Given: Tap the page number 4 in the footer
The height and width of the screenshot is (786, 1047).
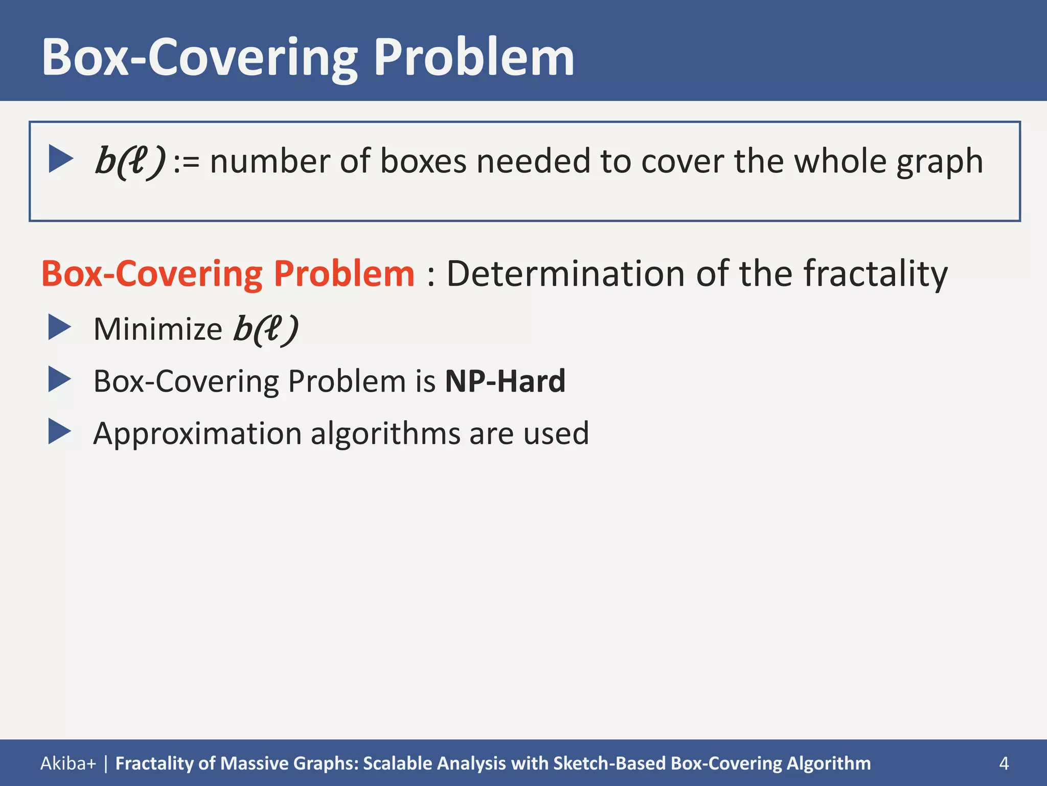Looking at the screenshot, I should point(1004,763).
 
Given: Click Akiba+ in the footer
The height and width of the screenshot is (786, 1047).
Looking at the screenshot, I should point(68,763).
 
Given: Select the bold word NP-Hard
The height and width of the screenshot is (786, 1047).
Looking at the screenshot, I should point(505,381).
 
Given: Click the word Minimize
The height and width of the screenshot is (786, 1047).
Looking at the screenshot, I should point(157,329).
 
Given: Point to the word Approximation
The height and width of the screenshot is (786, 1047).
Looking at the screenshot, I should point(197,434).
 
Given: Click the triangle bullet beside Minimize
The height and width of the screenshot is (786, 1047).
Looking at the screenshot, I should point(59,327).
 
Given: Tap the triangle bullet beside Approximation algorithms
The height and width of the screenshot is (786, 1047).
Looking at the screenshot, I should point(59,431).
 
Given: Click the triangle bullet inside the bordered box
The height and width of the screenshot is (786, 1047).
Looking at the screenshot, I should point(60,159).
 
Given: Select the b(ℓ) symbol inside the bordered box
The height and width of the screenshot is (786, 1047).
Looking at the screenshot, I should point(130,162).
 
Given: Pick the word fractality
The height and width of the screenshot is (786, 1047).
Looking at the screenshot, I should point(875,274).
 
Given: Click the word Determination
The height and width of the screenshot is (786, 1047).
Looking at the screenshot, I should point(565,274).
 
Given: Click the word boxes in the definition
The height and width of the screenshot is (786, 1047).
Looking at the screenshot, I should point(423,162).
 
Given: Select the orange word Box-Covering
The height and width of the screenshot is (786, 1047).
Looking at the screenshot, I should point(152,274).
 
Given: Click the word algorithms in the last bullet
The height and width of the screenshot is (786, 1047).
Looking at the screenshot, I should point(385,434).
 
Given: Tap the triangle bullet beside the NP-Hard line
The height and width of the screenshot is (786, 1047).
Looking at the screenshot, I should point(59,380).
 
